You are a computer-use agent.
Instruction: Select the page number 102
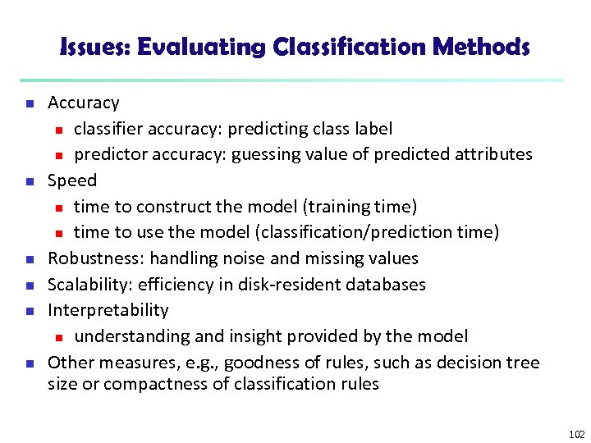576,434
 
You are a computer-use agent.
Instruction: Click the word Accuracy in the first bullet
83,103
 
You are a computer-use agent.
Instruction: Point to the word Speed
72,180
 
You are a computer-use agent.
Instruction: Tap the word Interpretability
108,310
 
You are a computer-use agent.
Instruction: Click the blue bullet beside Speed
29,181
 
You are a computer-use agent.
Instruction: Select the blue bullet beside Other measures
29,363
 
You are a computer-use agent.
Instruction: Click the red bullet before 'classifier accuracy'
58,130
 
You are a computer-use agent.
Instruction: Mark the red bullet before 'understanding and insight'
58,337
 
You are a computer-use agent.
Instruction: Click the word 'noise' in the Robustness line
244,258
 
